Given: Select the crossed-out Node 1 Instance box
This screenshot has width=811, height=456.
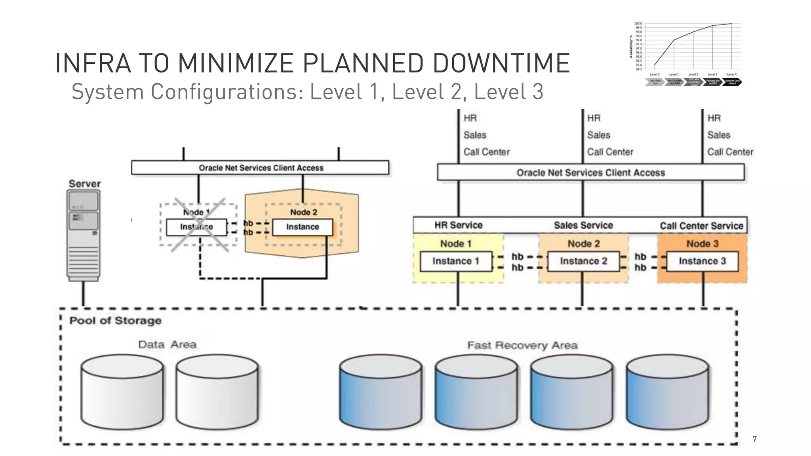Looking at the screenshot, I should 196,227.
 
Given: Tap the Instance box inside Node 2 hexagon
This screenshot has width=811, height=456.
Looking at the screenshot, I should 303,227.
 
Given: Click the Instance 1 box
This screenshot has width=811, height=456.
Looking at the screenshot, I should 456,261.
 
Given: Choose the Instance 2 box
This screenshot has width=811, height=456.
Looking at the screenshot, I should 583,261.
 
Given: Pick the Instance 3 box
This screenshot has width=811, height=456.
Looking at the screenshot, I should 702,261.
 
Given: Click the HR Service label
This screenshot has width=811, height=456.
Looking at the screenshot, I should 458,225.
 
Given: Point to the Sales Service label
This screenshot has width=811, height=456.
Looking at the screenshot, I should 583,225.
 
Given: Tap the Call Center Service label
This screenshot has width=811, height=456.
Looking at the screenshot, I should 701,226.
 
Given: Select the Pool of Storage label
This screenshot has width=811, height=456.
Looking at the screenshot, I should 115,321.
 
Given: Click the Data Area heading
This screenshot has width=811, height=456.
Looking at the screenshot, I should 167,345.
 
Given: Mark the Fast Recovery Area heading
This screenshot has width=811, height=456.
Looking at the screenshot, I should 522,346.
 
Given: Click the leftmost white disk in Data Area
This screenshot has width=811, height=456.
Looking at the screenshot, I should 122,392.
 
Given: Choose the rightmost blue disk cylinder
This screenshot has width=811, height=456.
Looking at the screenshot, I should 668,392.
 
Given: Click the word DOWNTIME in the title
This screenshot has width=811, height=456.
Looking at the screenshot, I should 501,63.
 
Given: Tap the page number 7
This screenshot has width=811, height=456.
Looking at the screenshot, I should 754,439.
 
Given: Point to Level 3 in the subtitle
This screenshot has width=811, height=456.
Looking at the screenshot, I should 508,92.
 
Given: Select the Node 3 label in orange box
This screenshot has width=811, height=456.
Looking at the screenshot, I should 702,244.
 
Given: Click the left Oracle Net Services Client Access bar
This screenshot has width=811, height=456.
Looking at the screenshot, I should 260,168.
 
